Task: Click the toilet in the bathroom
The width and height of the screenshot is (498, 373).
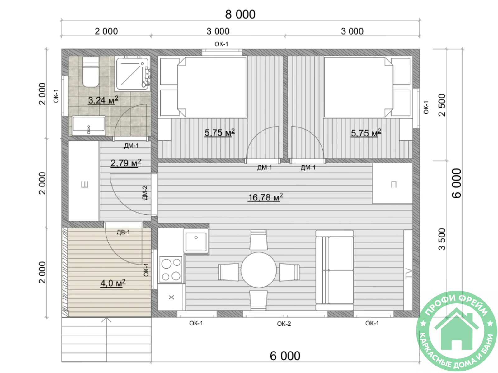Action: coord(91,72)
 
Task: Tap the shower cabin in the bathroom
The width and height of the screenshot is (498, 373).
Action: coord(133,74)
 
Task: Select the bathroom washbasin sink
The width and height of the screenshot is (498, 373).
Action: coord(89,126)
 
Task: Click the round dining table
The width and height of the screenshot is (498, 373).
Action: coord(258,270)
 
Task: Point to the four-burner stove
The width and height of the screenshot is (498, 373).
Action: coord(171,269)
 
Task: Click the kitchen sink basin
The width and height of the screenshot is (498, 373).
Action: coord(196,241)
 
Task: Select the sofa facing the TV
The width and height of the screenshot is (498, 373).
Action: coord(335,270)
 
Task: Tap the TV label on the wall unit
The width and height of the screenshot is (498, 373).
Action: coord(408,273)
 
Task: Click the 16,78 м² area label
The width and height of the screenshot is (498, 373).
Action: coord(265,197)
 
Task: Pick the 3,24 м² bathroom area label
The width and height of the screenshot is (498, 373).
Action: coord(103,100)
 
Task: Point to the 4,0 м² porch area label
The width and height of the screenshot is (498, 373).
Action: coord(113,283)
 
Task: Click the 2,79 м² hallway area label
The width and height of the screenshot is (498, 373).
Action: coord(126,163)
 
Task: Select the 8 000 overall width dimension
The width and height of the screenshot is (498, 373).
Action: coord(240,14)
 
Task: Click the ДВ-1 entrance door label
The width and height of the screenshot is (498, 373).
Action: coord(123,232)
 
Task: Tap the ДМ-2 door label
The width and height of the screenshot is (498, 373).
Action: coord(145,193)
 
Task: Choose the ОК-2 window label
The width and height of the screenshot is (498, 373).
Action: coord(284,324)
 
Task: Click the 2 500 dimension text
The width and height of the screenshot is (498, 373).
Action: coord(442,105)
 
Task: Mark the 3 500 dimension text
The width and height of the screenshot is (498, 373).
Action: coord(442,239)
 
